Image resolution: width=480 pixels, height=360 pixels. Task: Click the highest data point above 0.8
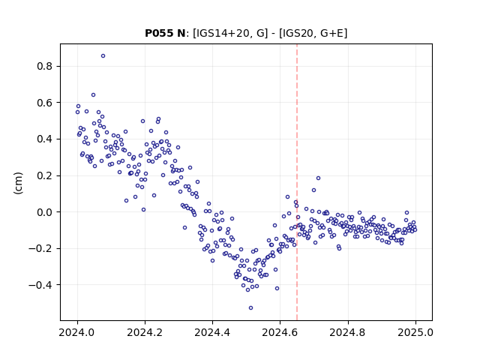[103, 56]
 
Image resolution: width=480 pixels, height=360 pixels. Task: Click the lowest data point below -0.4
[250, 308]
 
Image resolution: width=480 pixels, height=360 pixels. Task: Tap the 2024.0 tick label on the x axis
[77, 332]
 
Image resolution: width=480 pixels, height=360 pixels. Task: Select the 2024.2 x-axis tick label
[145, 332]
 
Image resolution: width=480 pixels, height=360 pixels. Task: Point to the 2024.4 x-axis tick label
[212, 332]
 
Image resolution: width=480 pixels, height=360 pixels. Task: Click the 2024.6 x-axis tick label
[280, 332]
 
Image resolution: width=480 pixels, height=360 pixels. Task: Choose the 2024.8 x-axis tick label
[347, 332]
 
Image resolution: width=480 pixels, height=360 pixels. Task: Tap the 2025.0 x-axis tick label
[415, 332]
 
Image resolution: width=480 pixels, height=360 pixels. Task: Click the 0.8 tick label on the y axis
[44, 67]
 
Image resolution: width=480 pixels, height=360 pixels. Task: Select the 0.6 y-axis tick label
[44, 103]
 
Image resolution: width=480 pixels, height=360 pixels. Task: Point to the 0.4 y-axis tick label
[44, 139]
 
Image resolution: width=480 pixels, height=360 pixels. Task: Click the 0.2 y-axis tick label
[44, 175]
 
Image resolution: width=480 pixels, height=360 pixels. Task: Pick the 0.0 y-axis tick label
[44, 212]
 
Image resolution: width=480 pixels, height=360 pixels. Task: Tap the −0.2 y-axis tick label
[40, 248]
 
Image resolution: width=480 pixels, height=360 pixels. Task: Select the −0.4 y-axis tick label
[40, 285]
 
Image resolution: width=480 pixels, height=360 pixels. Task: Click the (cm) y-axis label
[18, 183]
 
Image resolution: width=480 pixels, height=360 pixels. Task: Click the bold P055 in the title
[159, 33]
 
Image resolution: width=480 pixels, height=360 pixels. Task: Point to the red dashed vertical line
[297, 182]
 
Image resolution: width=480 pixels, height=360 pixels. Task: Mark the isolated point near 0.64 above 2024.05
[93, 95]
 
